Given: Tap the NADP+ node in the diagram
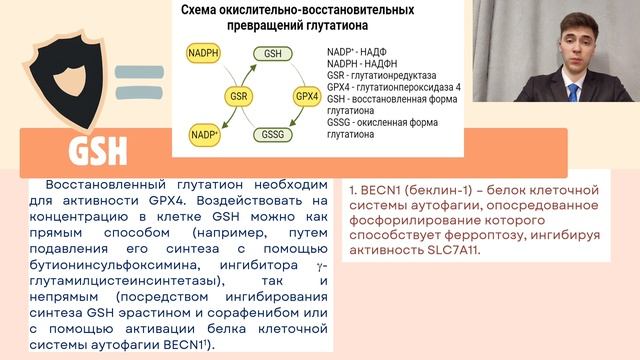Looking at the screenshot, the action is pos(204,133).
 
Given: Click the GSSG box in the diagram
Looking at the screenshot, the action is pos(272,133).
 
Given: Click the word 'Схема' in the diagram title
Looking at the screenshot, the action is pos(204,9).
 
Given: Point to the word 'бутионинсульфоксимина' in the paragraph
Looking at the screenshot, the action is pos(124,265).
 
